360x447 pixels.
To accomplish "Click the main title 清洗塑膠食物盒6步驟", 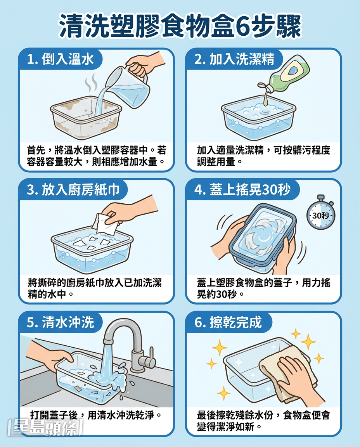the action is pos(180,26).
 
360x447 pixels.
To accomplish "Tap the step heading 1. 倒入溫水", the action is pos(61,59).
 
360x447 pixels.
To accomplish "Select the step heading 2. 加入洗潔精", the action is pos(234,59).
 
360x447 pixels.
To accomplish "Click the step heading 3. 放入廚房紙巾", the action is pos(73,190).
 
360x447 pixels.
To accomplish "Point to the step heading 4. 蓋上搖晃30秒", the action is pos(242,190).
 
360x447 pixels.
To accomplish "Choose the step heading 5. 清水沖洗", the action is pos(61,322).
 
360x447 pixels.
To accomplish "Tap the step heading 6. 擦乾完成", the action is pos(228,322).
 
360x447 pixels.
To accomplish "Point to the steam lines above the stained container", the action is pos(92,83).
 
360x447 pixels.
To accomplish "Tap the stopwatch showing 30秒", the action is pos(321,213).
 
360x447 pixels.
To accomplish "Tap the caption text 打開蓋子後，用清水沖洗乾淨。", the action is pos(96,415).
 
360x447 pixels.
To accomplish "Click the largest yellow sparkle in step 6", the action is pos(308,341).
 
